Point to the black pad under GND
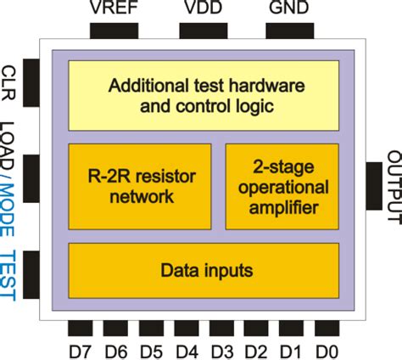(x=288, y=31)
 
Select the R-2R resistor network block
(x=139, y=186)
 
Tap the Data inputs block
(x=203, y=270)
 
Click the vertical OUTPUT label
(x=393, y=186)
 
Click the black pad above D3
(x=221, y=329)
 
